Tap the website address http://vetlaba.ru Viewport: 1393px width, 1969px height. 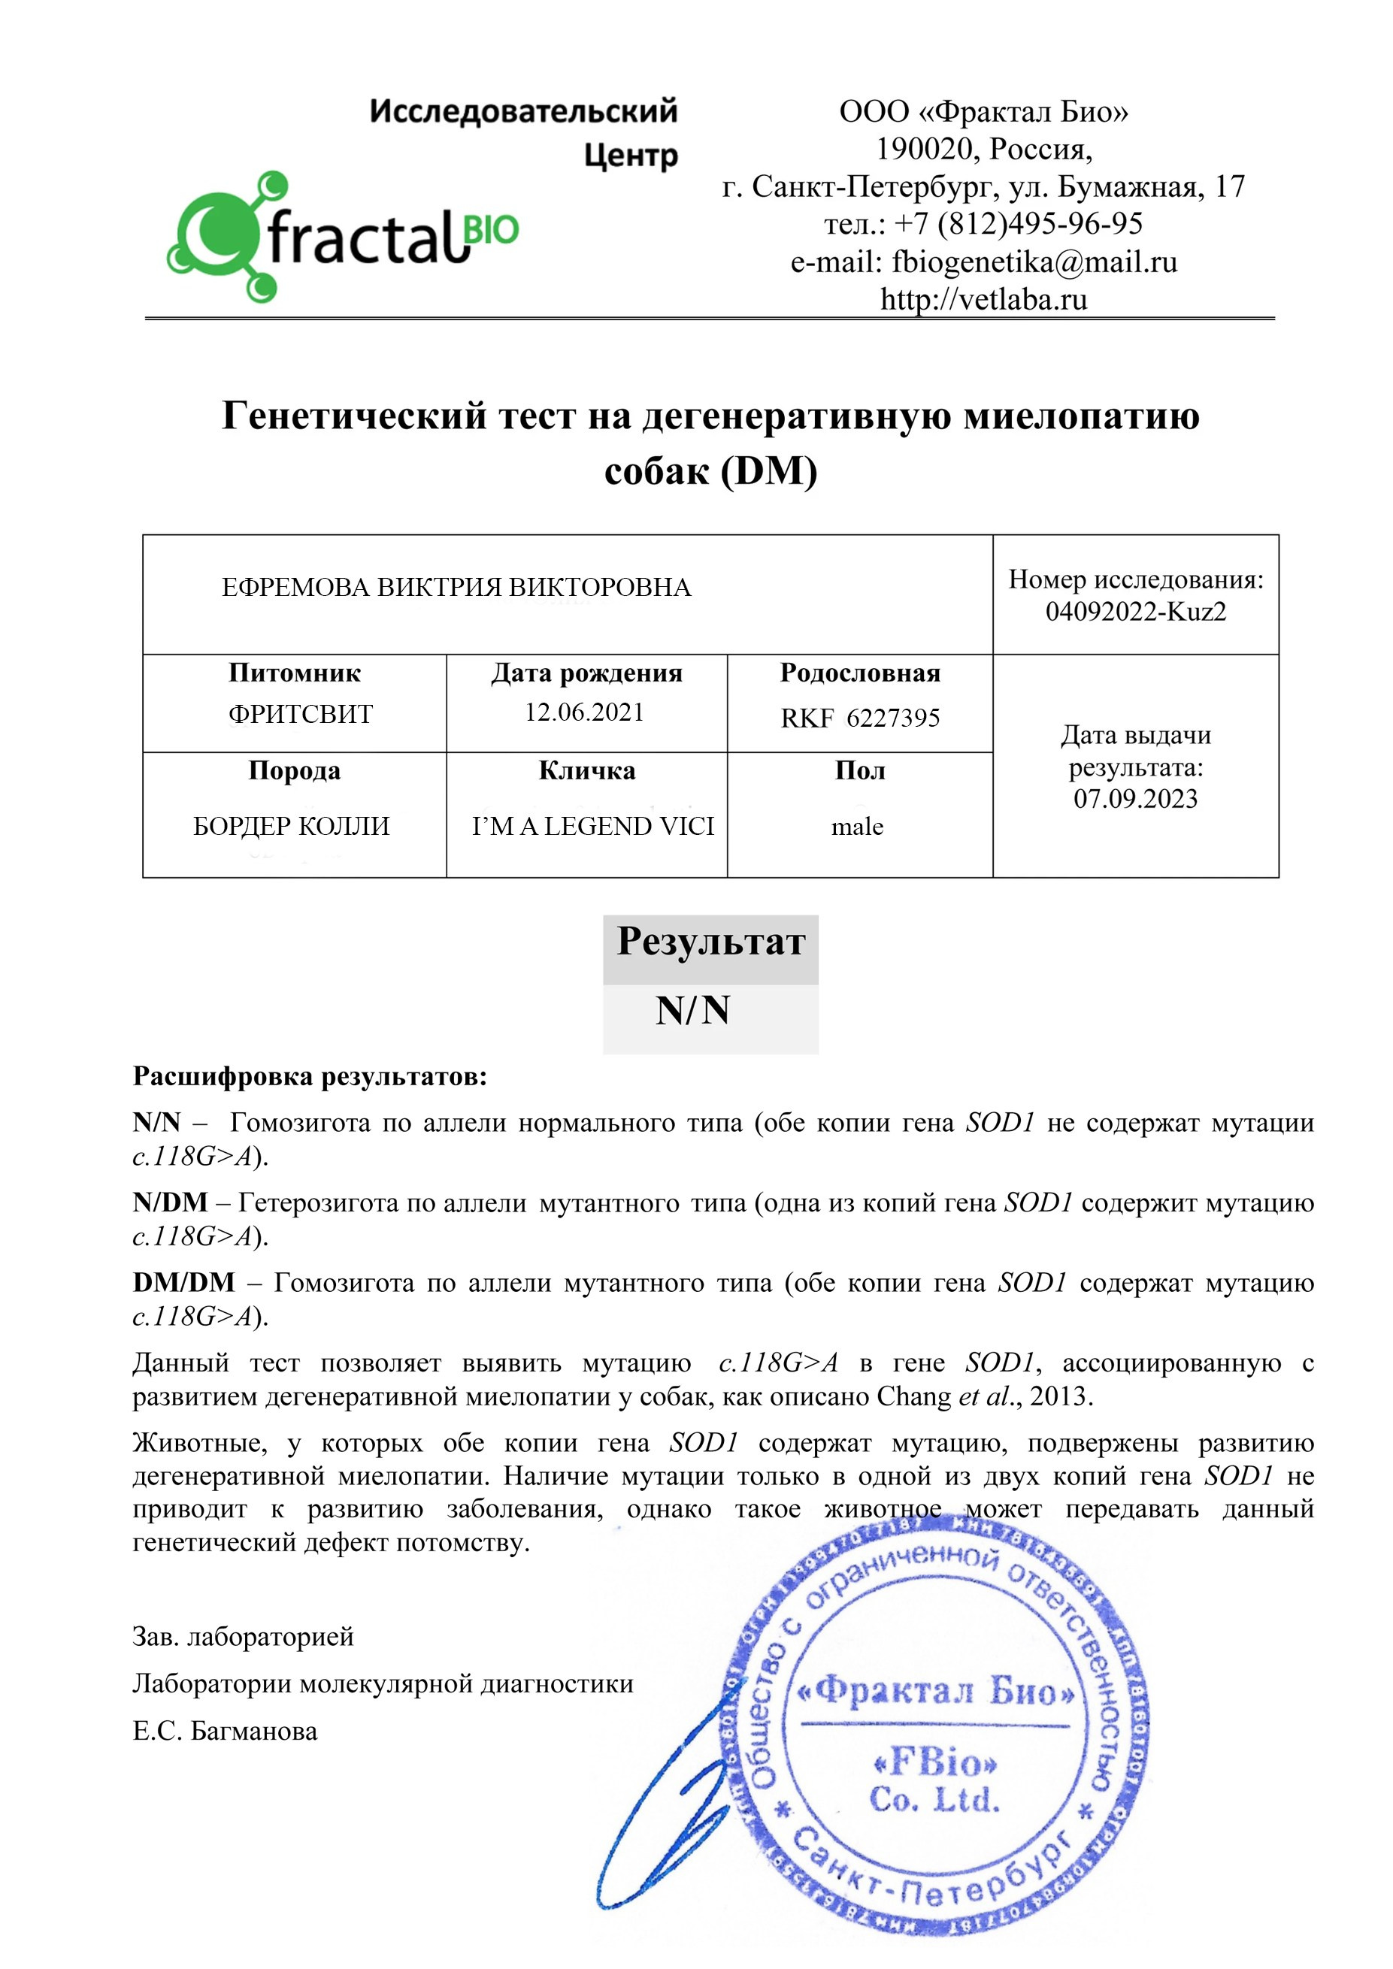pyautogui.click(x=983, y=299)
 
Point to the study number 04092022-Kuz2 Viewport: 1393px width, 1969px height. pyautogui.click(x=1135, y=612)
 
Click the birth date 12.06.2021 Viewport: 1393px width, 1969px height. pyautogui.click(x=584, y=712)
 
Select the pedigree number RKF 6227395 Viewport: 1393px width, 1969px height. pyautogui.click(x=859, y=718)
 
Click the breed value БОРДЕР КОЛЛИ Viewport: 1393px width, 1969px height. pyautogui.click(x=291, y=826)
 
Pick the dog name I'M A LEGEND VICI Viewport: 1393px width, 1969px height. pyautogui.click(x=592, y=826)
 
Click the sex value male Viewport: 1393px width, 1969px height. pyautogui.click(x=857, y=827)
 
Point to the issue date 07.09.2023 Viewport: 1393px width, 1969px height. pyautogui.click(x=1135, y=798)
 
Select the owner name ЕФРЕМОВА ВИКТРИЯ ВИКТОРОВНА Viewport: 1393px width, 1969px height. pyautogui.click(x=456, y=588)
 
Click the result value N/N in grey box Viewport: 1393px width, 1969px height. pyautogui.click(x=692, y=1010)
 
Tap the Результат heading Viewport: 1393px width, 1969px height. pyautogui.click(x=710, y=942)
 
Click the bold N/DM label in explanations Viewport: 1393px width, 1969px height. pyautogui.click(x=170, y=1202)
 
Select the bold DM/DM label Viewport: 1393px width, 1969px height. pyautogui.click(x=183, y=1282)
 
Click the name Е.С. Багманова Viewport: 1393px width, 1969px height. pyautogui.click(x=225, y=1731)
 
